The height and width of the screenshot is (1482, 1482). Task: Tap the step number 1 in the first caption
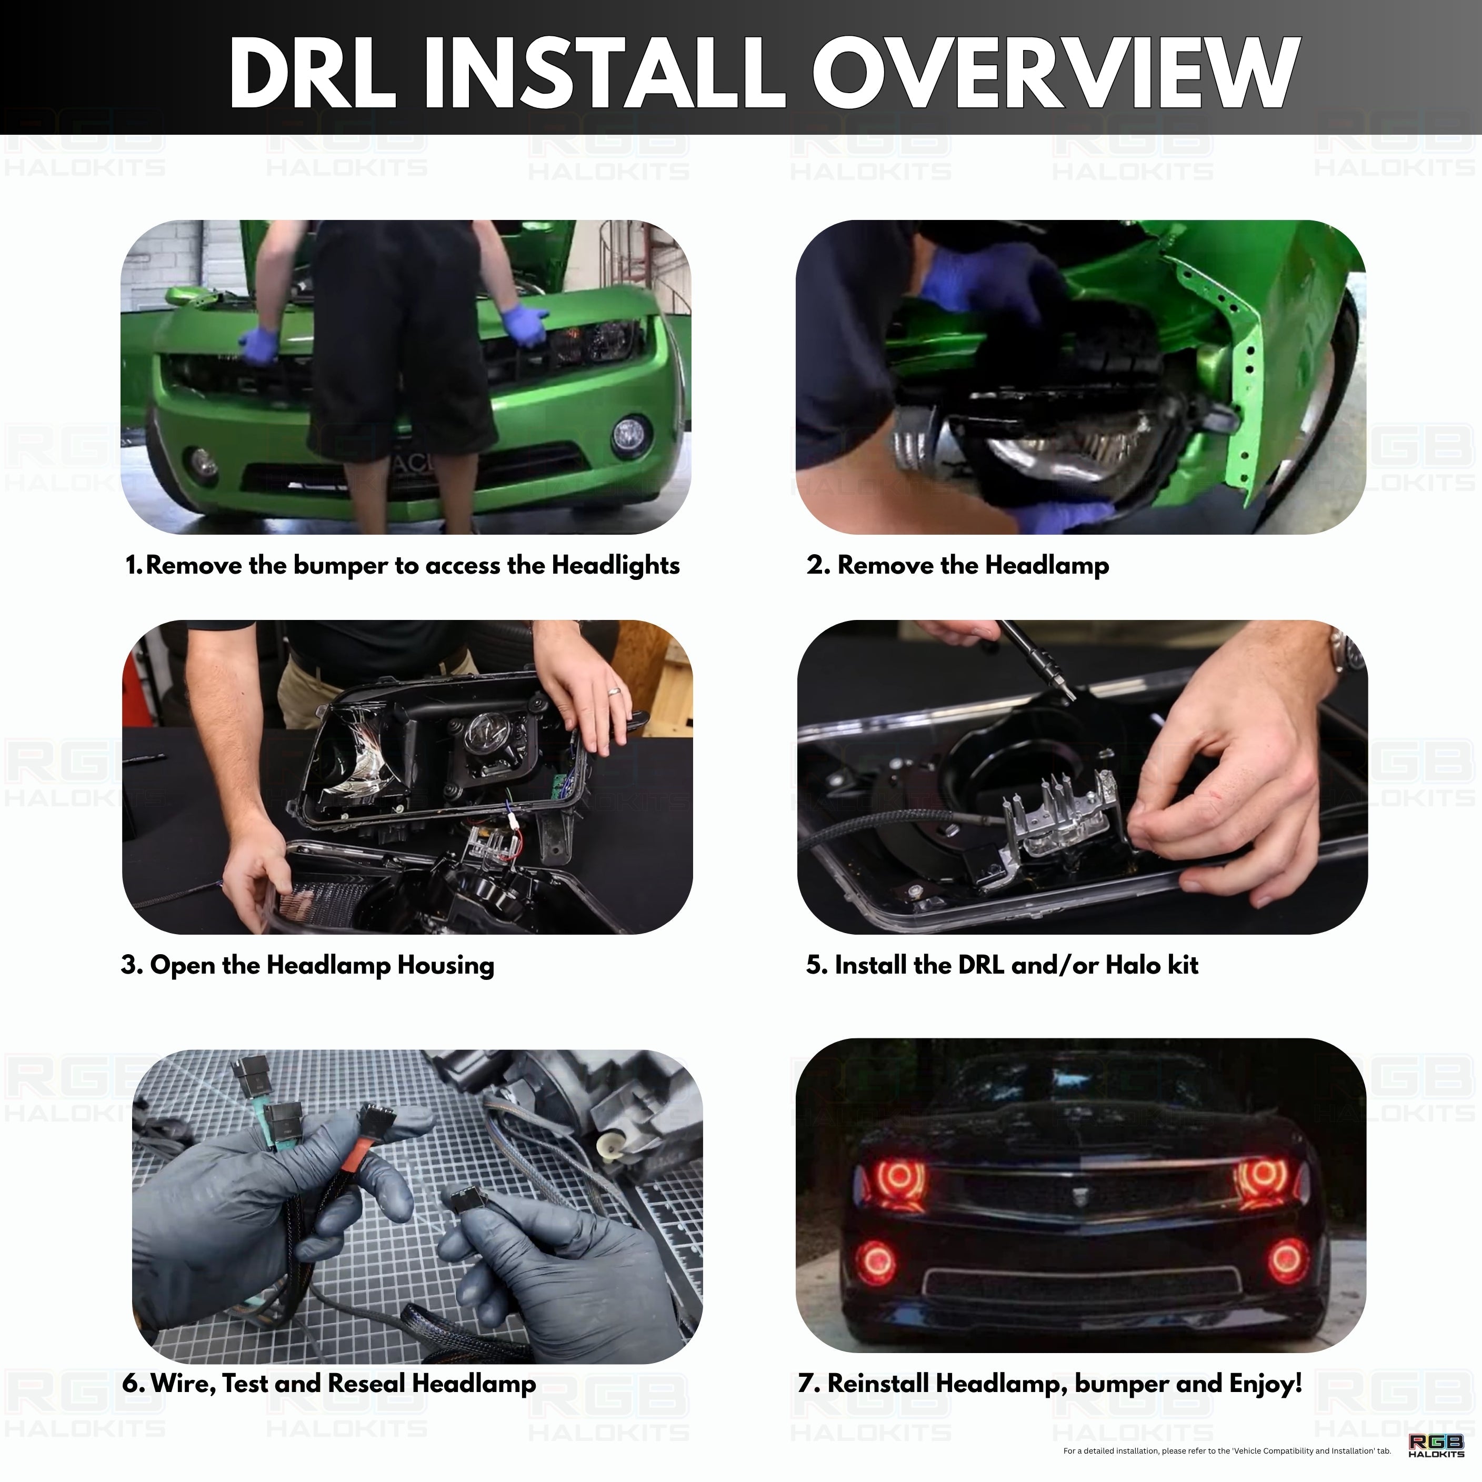coord(133,565)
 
